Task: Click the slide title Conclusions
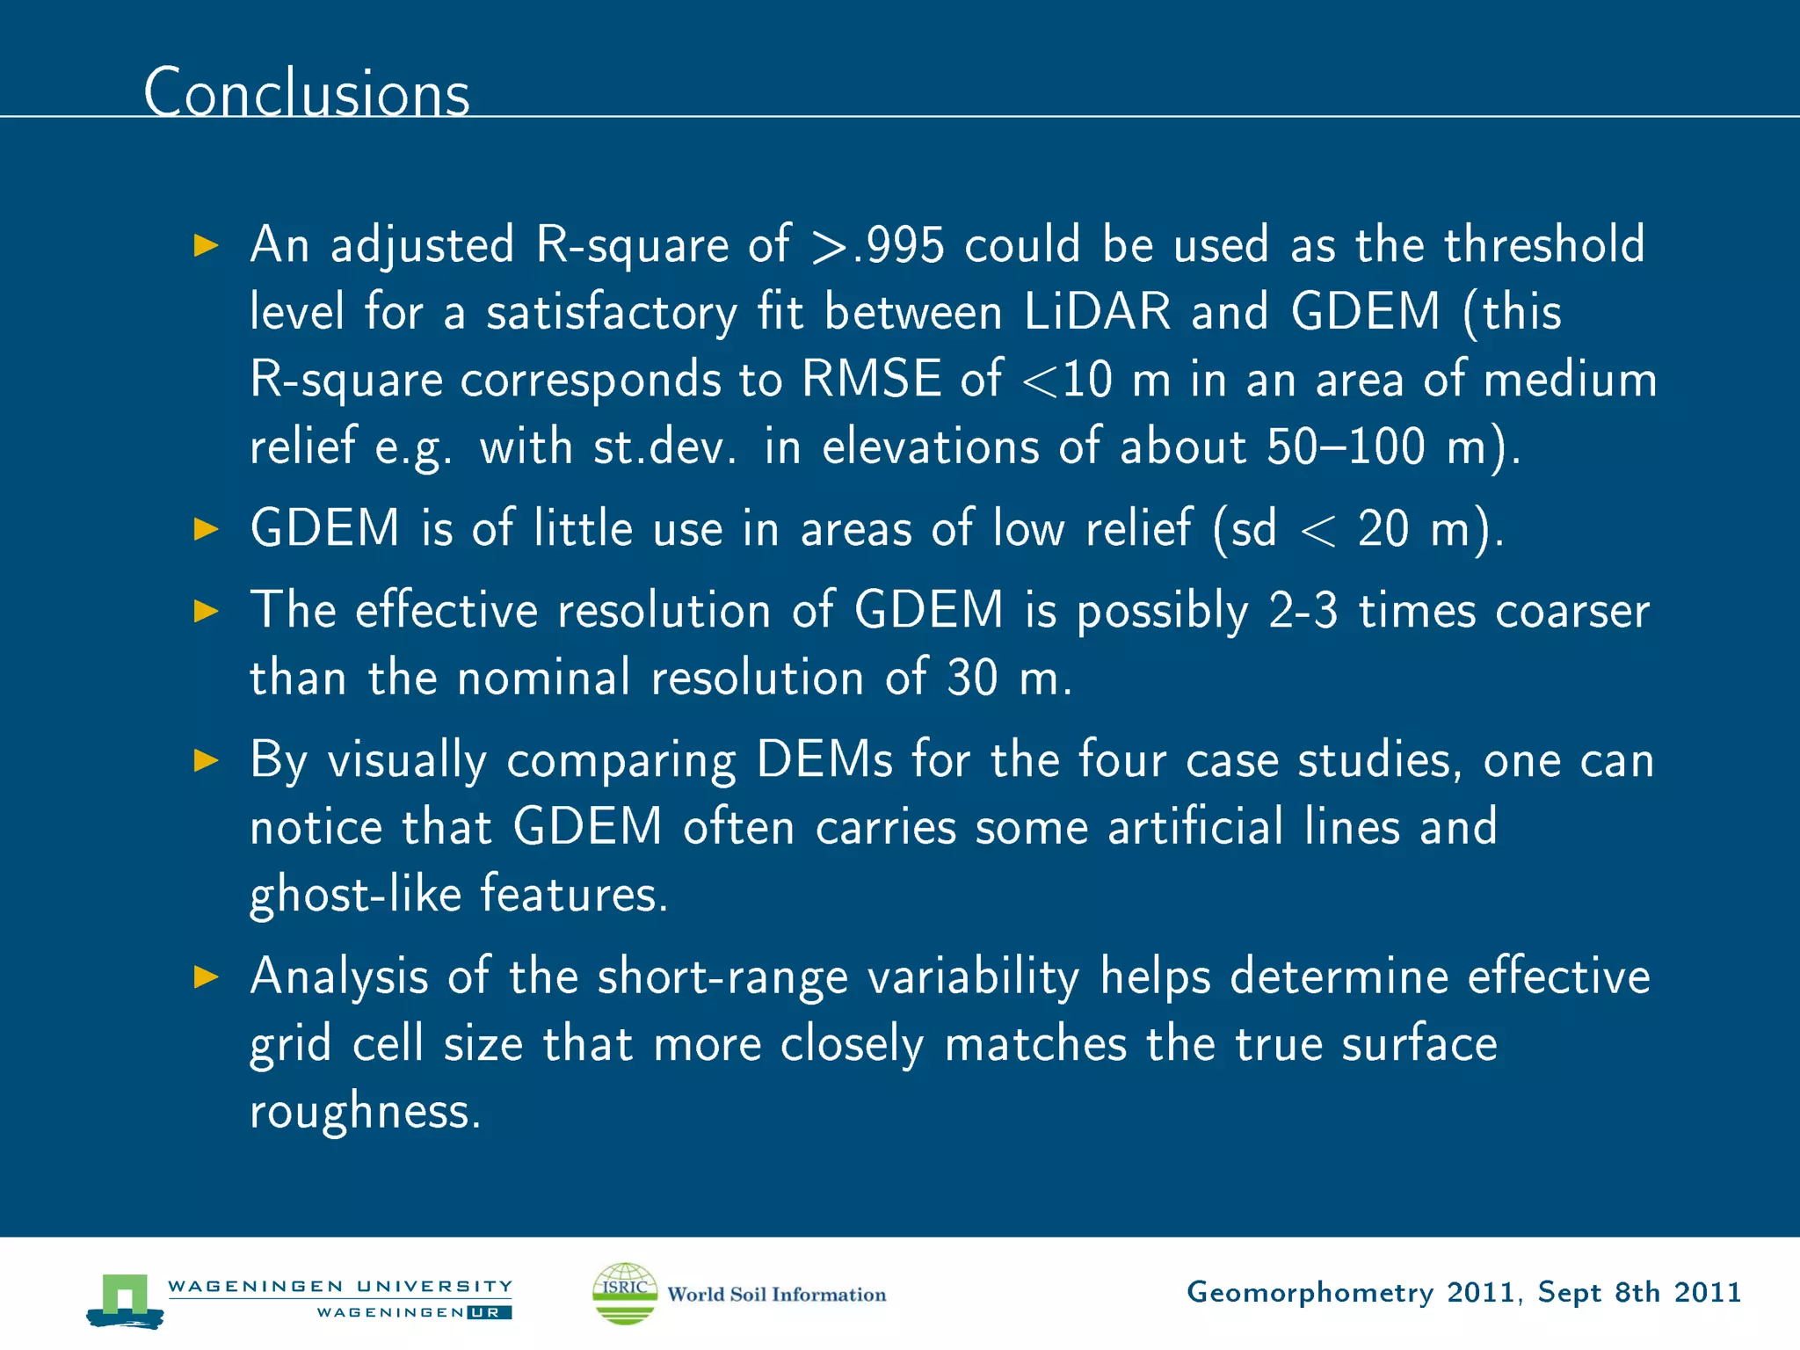(x=307, y=92)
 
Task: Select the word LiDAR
(x=1097, y=312)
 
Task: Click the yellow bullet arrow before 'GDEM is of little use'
(x=206, y=529)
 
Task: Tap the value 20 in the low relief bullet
(x=1383, y=529)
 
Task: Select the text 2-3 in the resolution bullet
(x=1303, y=610)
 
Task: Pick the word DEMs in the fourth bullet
(x=824, y=759)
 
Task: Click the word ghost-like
(x=355, y=895)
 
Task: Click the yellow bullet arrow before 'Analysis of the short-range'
(x=206, y=976)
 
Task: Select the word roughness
(x=365, y=1111)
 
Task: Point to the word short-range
(x=722, y=976)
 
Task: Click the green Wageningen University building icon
(x=124, y=1298)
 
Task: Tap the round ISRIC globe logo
(x=625, y=1293)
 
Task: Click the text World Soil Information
(x=776, y=1295)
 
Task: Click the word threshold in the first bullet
(x=1543, y=245)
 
